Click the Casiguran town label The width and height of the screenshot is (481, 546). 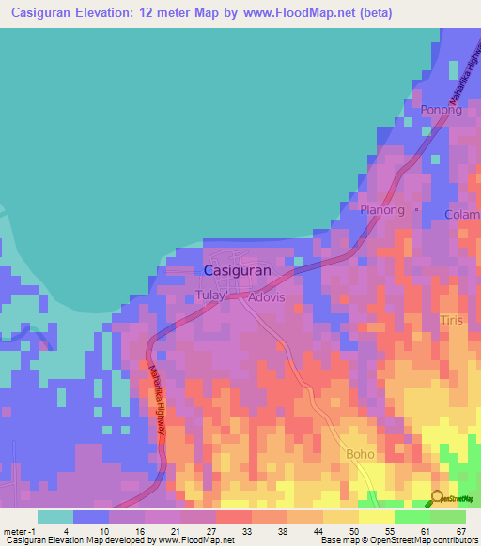coord(238,270)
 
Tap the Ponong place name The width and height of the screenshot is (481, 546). coord(442,110)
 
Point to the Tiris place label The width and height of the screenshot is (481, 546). coord(453,321)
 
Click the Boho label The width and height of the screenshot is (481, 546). coord(360,454)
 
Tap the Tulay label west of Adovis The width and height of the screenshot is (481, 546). coord(212,296)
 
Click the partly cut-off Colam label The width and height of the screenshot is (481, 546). coord(463,214)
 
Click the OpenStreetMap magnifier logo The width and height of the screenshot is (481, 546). coord(437,497)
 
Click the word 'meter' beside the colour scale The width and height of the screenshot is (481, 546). coord(15,530)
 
